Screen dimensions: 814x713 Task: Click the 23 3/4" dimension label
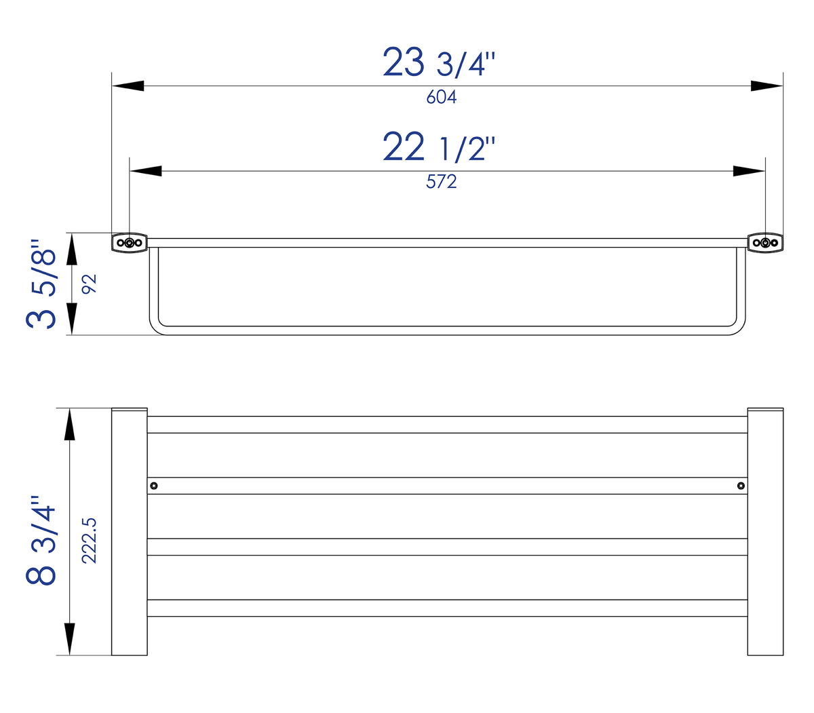[439, 62]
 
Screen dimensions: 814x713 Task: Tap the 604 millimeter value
[441, 97]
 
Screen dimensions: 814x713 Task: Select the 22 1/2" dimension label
[439, 147]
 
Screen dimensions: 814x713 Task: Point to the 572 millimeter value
[441, 181]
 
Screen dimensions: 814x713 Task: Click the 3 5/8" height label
[41, 284]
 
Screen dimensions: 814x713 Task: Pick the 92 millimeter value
[89, 284]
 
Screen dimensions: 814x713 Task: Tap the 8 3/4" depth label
[41, 539]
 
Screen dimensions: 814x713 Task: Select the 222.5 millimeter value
[89, 540]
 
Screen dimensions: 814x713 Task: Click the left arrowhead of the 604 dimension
[128, 86]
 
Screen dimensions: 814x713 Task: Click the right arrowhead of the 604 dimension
[767, 86]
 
